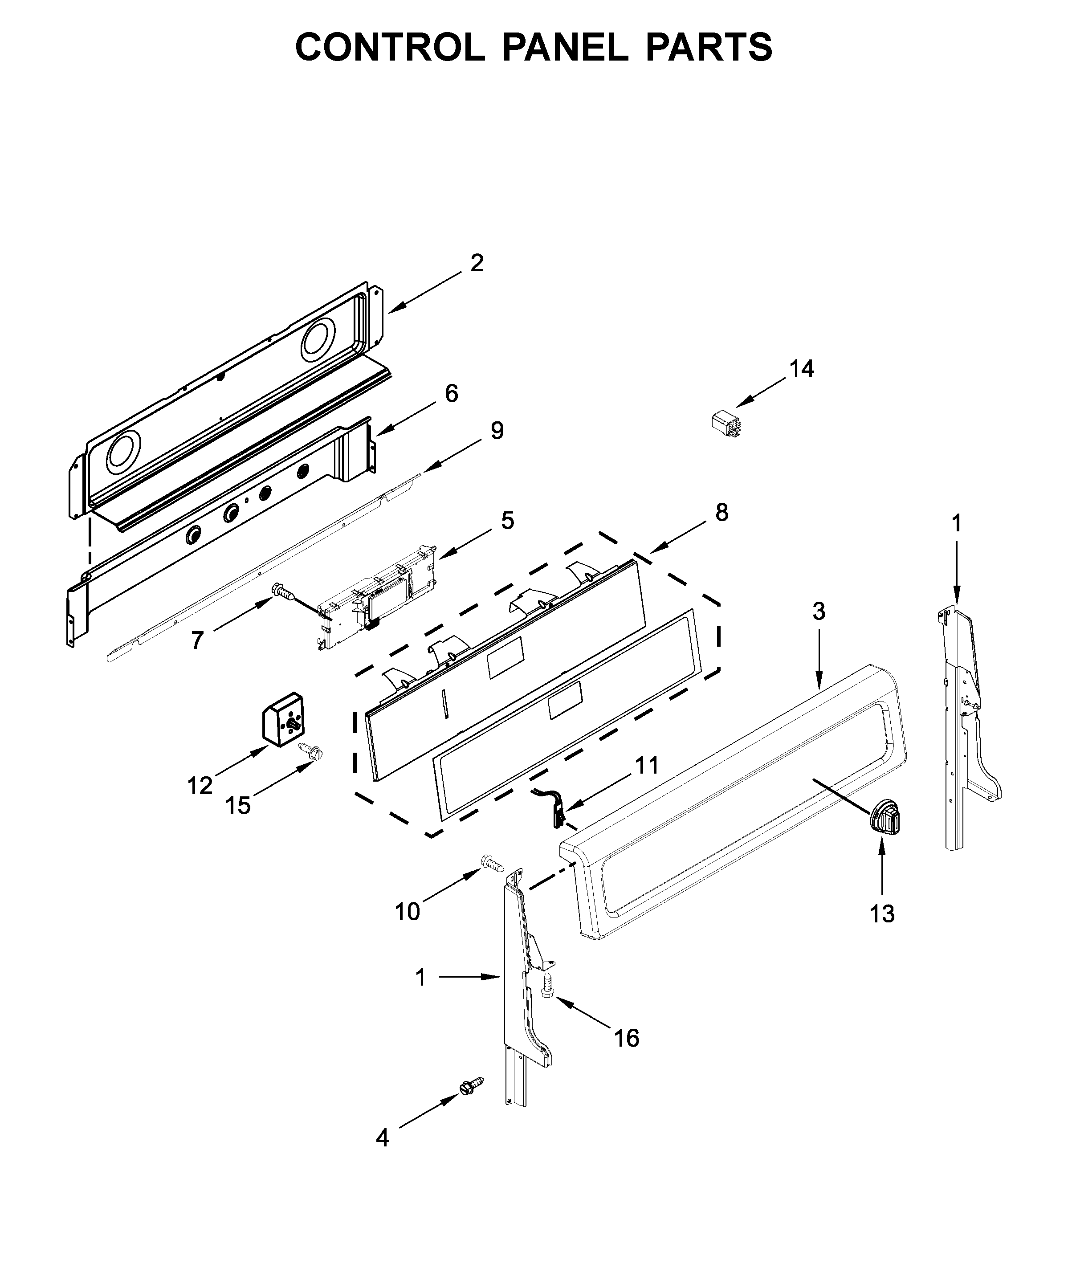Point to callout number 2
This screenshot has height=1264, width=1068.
(x=477, y=263)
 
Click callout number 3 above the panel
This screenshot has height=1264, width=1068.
(x=818, y=612)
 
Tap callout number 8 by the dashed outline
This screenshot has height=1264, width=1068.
(x=721, y=513)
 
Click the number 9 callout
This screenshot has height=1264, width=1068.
(x=497, y=431)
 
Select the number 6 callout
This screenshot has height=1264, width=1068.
(x=451, y=393)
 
